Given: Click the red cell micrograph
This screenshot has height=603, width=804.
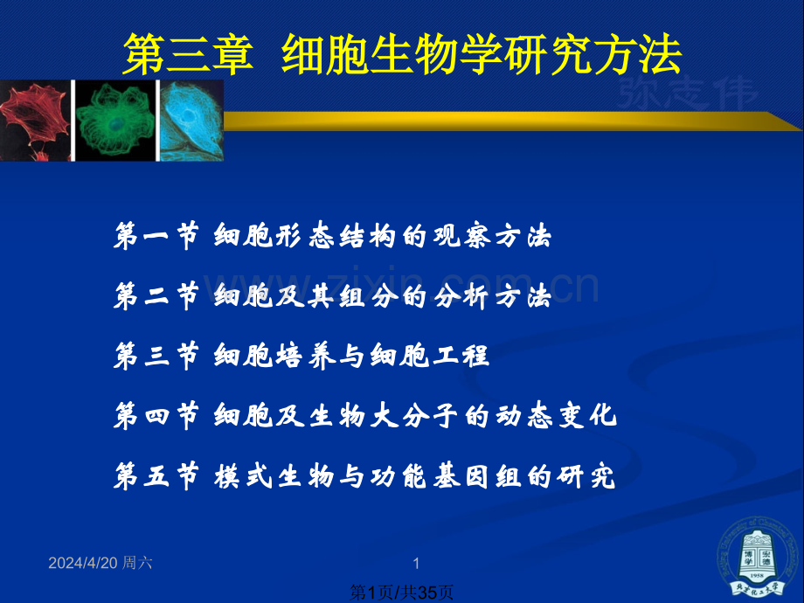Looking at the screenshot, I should (35, 121).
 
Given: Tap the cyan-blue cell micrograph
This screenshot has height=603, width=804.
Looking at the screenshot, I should (191, 121).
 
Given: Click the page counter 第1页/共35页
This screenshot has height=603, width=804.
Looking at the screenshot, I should (402, 593).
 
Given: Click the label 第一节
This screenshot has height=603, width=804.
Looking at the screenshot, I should (157, 237).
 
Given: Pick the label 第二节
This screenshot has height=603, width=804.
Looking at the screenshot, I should (157, 297).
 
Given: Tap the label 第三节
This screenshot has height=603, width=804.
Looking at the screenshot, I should (157, 357).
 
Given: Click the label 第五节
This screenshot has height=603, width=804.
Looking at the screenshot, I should (157, 476).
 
